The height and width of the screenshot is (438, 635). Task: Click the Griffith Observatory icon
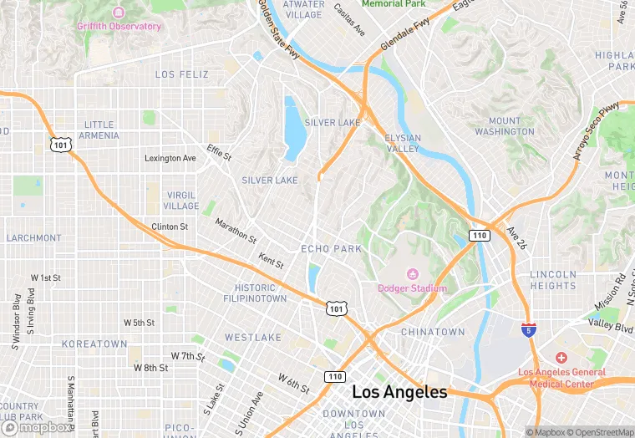tap(118, 13)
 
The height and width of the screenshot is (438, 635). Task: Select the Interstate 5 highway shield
tap(528, 330)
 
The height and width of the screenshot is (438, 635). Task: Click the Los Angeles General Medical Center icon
tap(561, 358)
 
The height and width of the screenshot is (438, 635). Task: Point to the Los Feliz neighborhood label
tap(181, 74)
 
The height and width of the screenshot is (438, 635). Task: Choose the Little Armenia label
tap(99, 130)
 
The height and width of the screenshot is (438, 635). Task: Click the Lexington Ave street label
tap(170, 158)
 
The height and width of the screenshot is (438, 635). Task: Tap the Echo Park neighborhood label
tap(331, 249)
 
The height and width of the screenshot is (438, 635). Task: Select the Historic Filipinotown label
tap(255, 293)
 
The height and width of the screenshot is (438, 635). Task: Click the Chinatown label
tap(432, 332)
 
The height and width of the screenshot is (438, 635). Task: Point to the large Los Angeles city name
tap(399, 391)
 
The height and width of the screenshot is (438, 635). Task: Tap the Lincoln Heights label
tap(553, 280)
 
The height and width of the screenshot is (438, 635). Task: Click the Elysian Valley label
tap(403, 143)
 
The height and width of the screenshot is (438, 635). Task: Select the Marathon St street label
tap(236, 232)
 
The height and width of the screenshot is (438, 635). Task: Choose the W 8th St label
tap(150, 368)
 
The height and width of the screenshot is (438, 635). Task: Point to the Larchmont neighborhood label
tap(33, 238)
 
